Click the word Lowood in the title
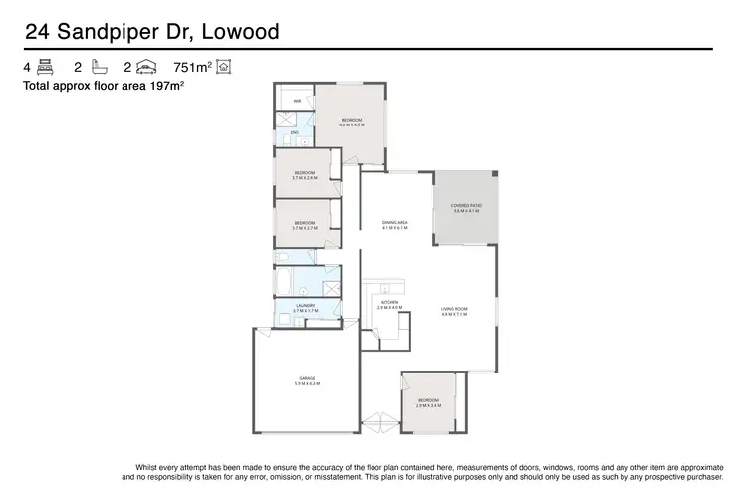tap(240, 32)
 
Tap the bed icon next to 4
tap(44, 68)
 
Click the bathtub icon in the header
tap(98, 68)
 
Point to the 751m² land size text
tap(193, 68)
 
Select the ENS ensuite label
tap(295, 133)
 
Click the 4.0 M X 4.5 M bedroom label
tap(351, 122)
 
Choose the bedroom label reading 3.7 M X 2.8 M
tap(305, 175)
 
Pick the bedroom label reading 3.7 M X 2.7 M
tap(305, 225)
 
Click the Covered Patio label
tap(467, 208)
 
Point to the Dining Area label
tap(395, 225)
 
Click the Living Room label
tap(454, 311)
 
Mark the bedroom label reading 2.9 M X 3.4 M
tap(428, 402)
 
